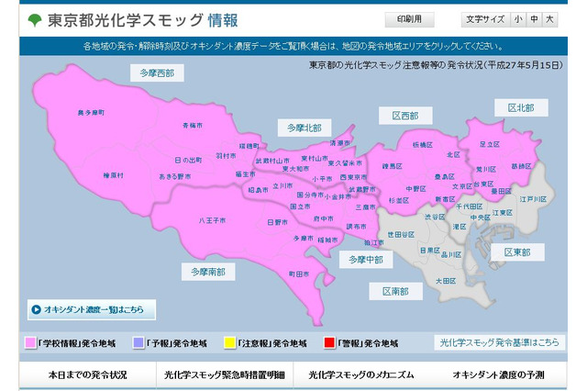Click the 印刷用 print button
tap(409, 18)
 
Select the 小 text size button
tap(518, 18)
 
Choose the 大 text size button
tap(549, 18)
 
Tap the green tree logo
tap(33, 19)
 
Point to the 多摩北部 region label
tap(305, 127)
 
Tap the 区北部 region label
tap(521, 107)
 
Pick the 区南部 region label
tap(396, 290)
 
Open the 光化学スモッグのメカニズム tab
tap(361, 374)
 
